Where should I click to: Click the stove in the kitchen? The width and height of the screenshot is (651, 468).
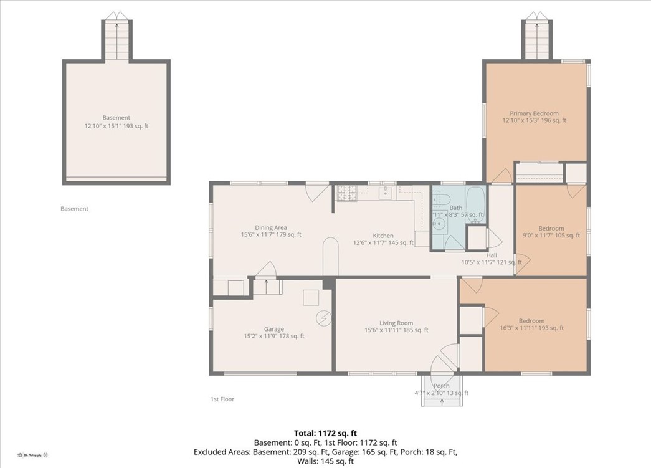[346, 193]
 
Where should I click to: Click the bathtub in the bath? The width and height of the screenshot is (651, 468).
[475, 204]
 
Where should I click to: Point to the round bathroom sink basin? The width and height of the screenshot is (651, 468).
[440, 224]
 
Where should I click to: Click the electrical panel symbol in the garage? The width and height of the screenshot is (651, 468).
[323, 318]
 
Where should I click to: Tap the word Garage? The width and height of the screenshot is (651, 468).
[273, 329]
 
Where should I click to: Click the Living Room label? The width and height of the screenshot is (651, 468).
[396, 323]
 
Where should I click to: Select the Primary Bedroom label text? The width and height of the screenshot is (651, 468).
[534, 113]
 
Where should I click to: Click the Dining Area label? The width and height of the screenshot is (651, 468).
[271, 227]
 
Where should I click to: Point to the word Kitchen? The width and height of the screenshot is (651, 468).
[383, 236]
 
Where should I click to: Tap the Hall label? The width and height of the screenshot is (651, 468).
[492, 255]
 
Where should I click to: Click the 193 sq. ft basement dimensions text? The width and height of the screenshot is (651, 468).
[116, 126]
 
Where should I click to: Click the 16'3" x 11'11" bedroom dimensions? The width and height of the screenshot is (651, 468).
[531, 328]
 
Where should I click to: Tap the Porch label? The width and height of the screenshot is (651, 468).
[441, 386]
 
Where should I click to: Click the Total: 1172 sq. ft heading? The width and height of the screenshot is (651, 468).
[325, 432]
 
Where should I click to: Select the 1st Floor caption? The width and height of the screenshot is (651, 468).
[222, 399]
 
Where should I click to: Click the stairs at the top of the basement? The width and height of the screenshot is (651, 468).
[116, 39]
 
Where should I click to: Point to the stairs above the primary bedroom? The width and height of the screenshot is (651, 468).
[535, 39]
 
